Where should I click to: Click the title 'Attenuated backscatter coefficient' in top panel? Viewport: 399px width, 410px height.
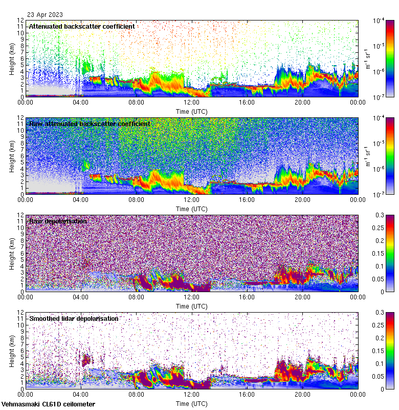[x=82, y=26]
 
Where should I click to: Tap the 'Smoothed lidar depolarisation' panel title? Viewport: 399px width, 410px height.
[x=74, y=318]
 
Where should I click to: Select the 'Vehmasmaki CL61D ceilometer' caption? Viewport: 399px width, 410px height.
[x=48, y=404]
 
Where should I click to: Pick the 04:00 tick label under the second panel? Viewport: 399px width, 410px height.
[x=81, y=199]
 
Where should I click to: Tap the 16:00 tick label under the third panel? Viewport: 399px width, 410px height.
[x=247, y=297]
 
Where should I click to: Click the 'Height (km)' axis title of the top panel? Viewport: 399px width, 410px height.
[x=12, y=58]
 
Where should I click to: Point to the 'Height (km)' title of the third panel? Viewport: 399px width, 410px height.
[x=12, y=253]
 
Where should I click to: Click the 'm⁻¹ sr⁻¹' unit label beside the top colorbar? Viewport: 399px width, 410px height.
[x=367, y=58]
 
